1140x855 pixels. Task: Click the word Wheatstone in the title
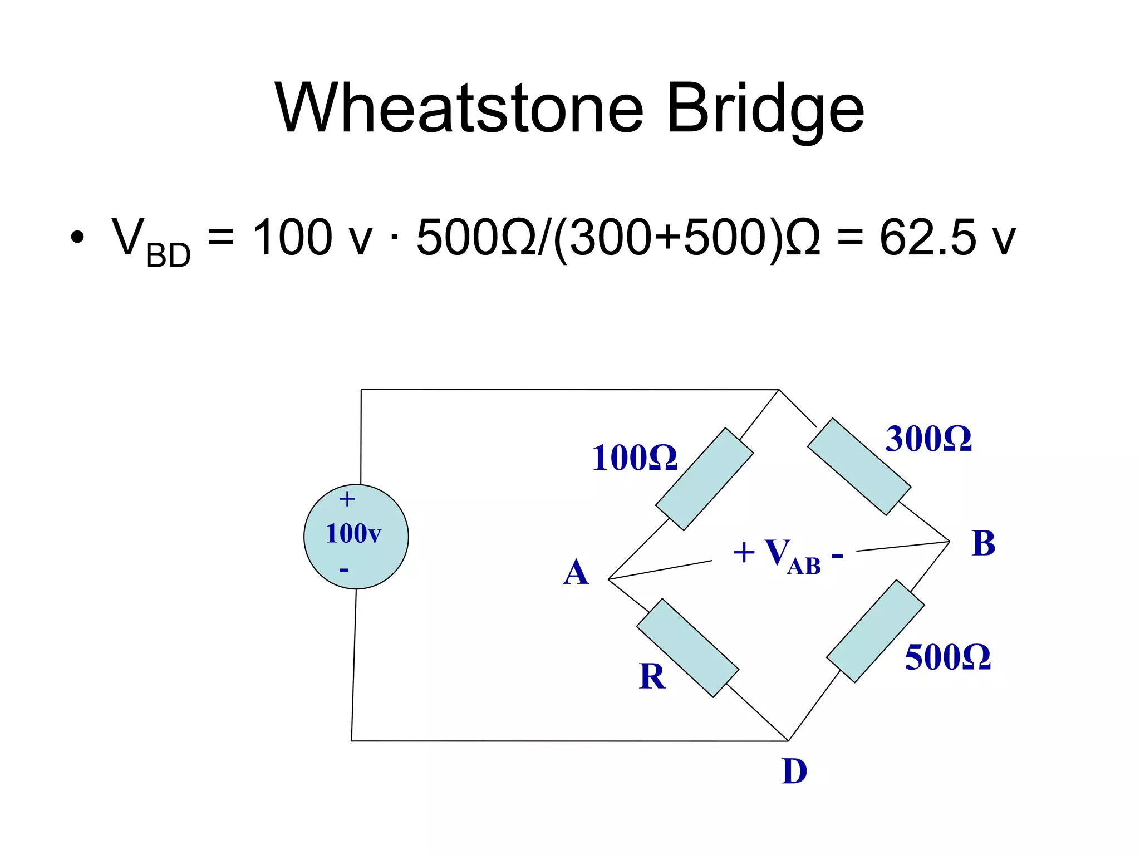(x=459, y=109)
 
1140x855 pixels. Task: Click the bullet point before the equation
(x=77, y=238)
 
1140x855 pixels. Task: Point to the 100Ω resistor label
(x=634, y=458)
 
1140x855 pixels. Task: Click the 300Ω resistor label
(x=928, y=439)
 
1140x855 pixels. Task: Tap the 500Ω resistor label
(x=947, y=657)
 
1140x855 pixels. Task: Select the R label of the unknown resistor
(x=652, y=677)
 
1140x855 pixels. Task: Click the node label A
(x=576, y=573)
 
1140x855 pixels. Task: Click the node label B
(x=983, y=543)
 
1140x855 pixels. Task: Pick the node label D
(x=794, y=772)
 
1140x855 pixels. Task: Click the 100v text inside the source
(x=353, y=534)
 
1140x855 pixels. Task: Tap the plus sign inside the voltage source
(x=347, y=499)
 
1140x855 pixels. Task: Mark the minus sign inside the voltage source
(x=344, y=569)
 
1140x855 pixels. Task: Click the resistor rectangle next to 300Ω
(x=859, y=466)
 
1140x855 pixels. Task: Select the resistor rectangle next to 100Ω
(x=704, y=479)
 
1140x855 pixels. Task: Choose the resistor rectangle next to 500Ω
(x=875, y=631)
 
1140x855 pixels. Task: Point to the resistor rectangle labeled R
(x=687, y=648)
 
